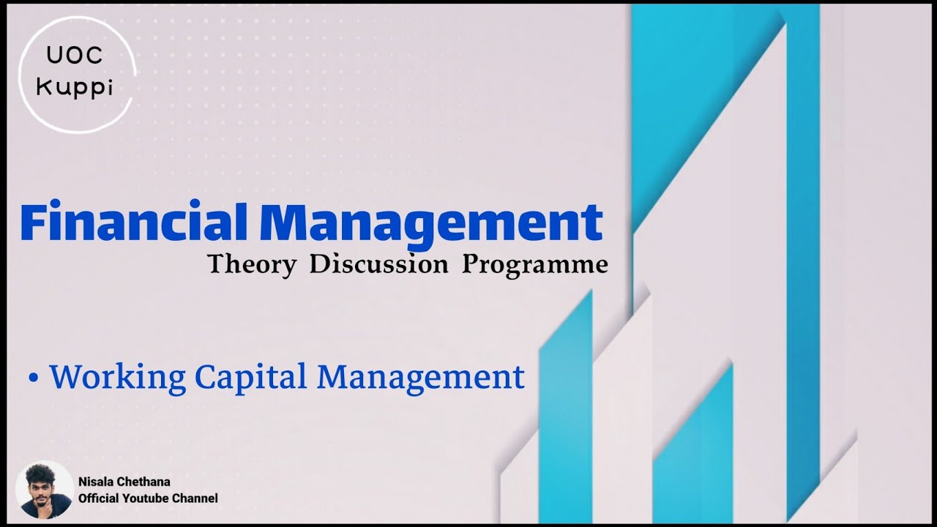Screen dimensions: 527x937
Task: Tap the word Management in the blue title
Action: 431,223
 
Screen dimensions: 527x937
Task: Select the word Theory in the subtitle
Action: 252,264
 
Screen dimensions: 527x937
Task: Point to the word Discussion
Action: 378,264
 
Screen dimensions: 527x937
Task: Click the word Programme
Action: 534,264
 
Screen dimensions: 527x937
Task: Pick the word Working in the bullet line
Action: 117,378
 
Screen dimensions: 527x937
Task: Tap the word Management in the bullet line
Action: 420,376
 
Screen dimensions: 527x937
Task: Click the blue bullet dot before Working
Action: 33,378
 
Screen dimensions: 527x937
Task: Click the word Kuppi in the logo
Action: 75,87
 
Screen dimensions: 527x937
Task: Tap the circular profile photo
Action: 44,490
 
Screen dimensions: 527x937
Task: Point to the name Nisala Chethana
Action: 124,482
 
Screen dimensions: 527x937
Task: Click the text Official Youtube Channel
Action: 148,498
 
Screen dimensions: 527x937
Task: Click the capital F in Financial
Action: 34,223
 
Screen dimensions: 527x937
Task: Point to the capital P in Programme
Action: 469,263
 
